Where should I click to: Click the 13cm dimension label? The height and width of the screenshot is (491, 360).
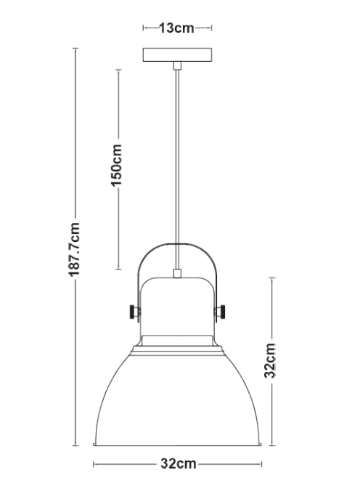pyautogui.click(x=177, y=28)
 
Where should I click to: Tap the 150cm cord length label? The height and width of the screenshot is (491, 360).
pyautogui.click(x=116, y=166)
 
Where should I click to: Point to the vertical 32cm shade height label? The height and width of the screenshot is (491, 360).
pyautogui.click(x=270, y=360)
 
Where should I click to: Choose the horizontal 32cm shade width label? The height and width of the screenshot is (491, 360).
pyautogui.click(x=178, y=463)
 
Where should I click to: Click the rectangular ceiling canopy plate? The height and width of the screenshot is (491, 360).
pyautogui.click(x=177, y=55)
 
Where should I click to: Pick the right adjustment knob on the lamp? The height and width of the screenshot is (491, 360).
pyautogui.click(x=223, y=311)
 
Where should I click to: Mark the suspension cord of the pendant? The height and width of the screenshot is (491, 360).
pyautogui.click(x=177, y=160)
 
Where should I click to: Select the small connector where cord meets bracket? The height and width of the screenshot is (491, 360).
pyautogui.click(x=177, y=274)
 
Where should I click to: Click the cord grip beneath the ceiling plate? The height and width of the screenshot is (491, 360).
pyautogui.click(x=177, y=67)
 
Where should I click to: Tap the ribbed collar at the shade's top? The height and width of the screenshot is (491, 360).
pyautogui.click(x=178, y=346)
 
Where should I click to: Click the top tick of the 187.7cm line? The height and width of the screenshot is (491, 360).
pyautogui.click(x=75, y=48)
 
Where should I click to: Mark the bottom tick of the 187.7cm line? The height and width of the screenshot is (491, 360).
pyautogui.click(x=75, y=445)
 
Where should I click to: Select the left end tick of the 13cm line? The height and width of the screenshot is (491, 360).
pyautogui.click(x=144, y=28)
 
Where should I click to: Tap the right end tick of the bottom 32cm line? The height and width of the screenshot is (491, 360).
pyautogui.click(x=261, y=463)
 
